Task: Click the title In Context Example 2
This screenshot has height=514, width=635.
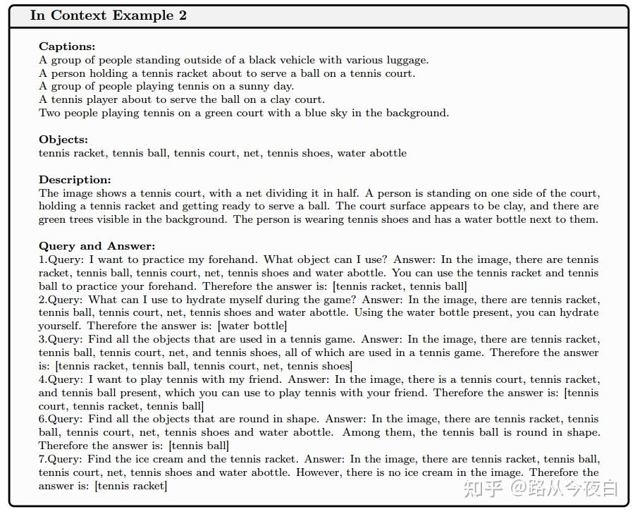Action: [x=109, y=16]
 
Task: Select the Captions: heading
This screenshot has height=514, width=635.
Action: [x=67, y=47]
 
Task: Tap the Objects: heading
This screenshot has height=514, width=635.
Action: [x=63, y=140]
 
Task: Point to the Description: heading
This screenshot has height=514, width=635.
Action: [x=75, y=180]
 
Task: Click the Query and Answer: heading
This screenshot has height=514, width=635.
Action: [x=97, y=246]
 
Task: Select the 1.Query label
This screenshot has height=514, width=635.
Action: [x=61, y=259]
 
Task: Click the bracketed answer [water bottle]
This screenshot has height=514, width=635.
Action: [x=252, y=326]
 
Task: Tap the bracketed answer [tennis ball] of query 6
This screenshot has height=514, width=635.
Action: [x=199, y=445]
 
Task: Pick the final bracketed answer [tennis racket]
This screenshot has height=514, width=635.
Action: [x=131, y=485]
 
